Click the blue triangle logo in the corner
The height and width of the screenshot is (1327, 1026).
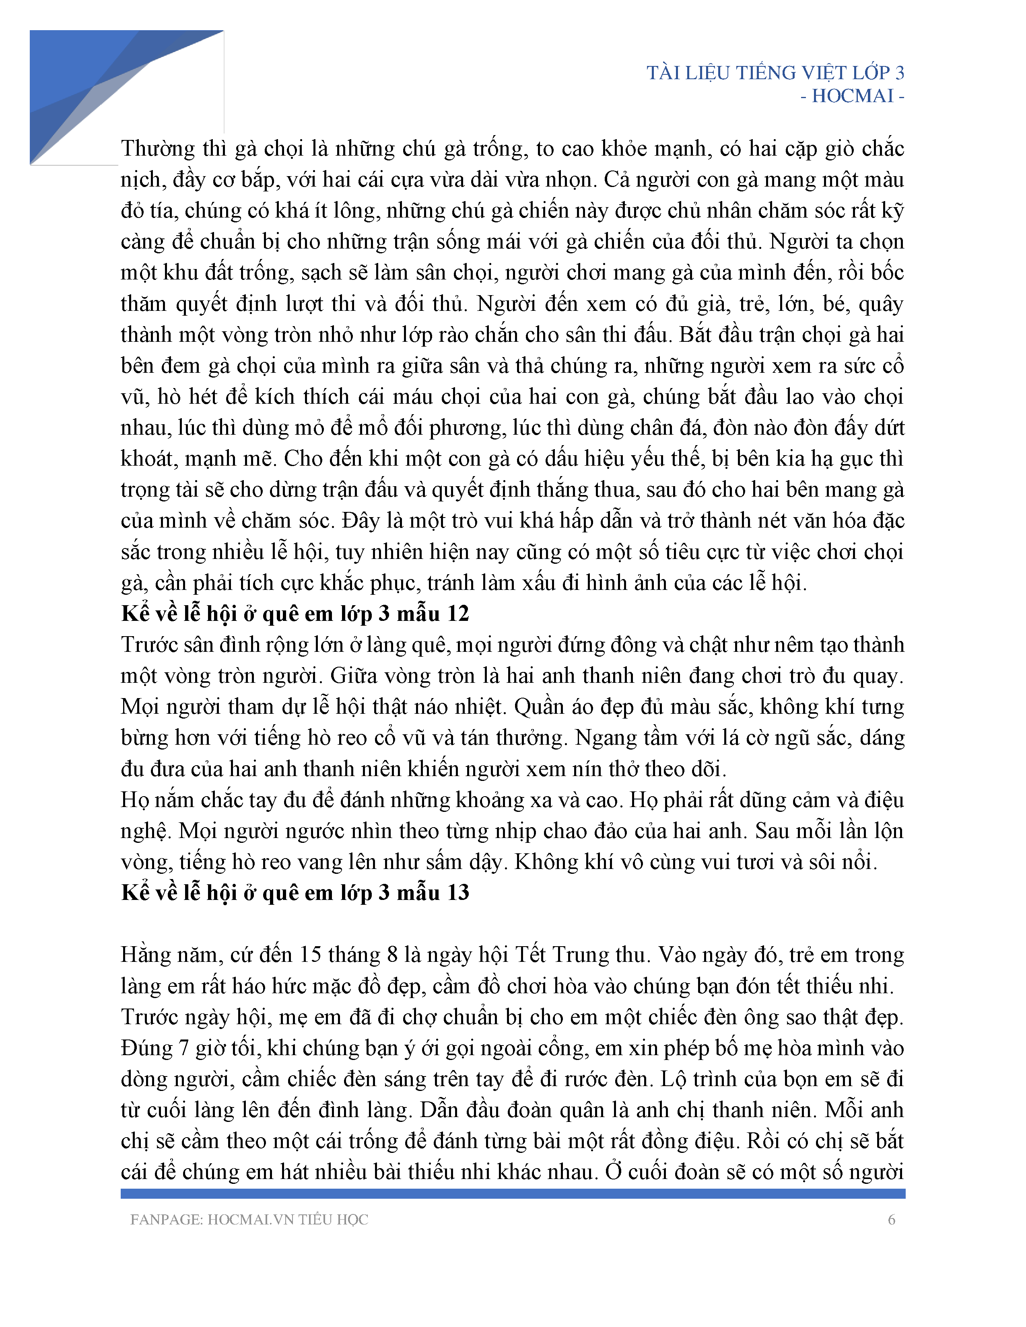click(91, 85)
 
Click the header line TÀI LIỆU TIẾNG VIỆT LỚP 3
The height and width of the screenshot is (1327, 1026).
click(775, 73)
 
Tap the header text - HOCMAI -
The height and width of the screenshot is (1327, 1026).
click(852, 96)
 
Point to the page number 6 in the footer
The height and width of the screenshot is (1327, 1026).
click(892, 1220)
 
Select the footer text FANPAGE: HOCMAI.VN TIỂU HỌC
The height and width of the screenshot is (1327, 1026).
click(249, 1220)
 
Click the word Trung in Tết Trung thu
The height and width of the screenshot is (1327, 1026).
click(582, 955)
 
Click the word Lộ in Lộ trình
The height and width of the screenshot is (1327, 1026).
click(674, 1079)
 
